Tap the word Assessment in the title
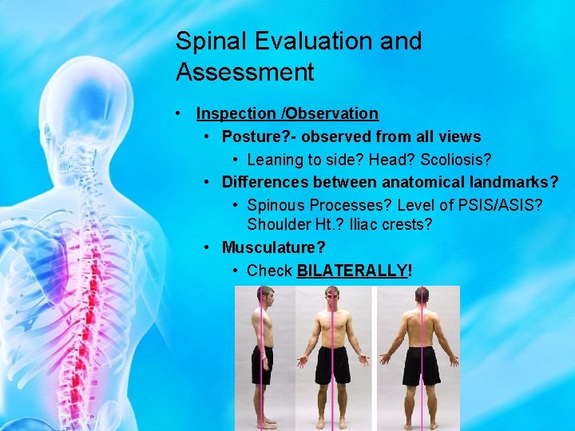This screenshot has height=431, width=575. [x=244, y=73]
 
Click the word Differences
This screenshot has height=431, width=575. [x=265, y=182]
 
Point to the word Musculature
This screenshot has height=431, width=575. [x=272, y=247]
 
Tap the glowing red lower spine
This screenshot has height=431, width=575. [x=97, y=351]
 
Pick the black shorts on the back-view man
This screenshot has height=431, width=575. [x=420, y=366]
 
